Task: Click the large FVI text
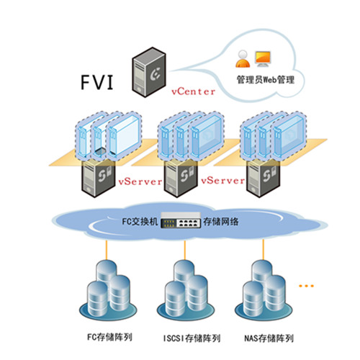[96, 82]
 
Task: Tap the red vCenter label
[193, 91]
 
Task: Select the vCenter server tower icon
[149, 72]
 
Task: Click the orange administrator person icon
[243, 59]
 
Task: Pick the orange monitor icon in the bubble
[263, 59]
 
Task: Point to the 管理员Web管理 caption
[266, 79]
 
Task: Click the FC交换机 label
[140, 221]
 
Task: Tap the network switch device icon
[181, 220]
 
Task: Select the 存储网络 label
[221, 221]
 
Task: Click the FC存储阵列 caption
[109, 337]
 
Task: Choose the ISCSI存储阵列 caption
[192, 338]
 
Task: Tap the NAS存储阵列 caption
[269, 338]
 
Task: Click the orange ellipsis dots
[306, 286]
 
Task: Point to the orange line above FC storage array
[106, 250]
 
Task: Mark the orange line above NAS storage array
[263, 250]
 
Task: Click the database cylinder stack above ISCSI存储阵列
[186, 290]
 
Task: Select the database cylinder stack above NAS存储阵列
[264, 290]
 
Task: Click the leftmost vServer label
[140, 181]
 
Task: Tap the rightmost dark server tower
[264, 179]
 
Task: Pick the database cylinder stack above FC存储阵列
[108, 290]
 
